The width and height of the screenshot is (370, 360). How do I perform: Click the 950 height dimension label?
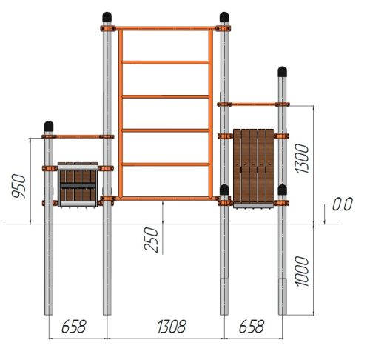click(19, 186)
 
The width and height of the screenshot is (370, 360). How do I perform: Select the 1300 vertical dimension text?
click(301, 159)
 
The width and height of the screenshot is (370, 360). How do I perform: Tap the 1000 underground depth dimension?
click(301, 271)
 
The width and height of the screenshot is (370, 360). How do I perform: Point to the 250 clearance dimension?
click(151, 240)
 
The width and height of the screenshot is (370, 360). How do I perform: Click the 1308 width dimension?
click(172, 327)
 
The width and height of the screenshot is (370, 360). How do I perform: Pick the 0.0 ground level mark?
click(343, 204)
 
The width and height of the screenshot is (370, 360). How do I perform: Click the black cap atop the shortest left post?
click(49, 126)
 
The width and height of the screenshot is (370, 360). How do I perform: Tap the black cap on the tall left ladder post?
click(107, 17)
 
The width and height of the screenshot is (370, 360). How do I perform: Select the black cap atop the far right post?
click(283, 72)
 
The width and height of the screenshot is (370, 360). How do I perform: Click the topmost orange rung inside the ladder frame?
click(166, 62)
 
